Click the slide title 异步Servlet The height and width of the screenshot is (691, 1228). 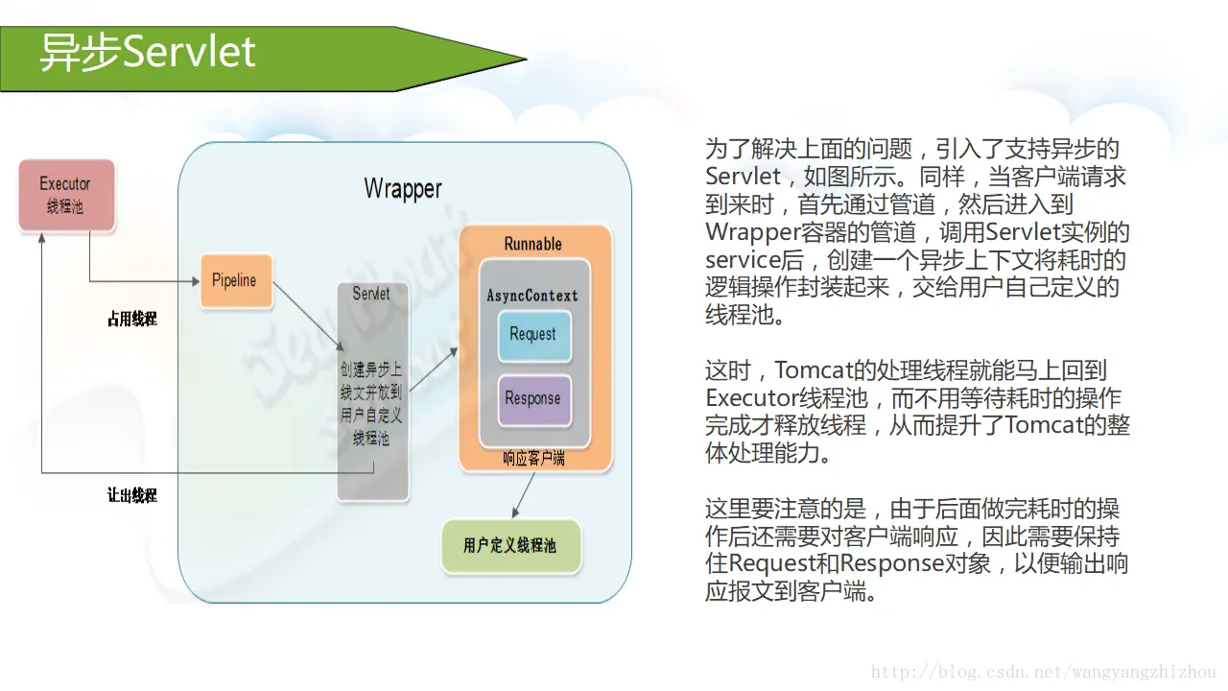click(148, 52)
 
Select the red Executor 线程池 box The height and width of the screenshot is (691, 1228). click(66, 195)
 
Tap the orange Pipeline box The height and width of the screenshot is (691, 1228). click(235, 280)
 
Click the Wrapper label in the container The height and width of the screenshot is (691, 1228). click(403, 188)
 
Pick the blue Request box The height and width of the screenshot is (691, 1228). click(532, 335)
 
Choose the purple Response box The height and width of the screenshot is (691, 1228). click(532, 399)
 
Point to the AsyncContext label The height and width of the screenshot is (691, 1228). click(532, 296)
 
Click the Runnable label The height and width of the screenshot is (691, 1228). click(533, 244)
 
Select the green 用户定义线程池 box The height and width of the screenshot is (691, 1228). click(510, 546)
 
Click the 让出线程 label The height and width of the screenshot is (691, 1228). click(131, 496)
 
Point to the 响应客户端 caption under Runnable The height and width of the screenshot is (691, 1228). click(533, 459)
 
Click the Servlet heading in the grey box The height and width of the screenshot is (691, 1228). click(371, 294)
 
